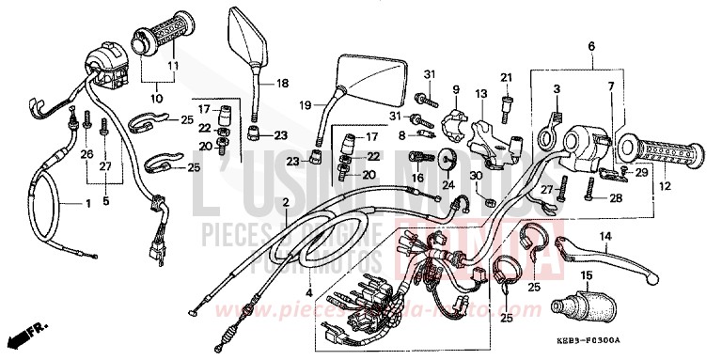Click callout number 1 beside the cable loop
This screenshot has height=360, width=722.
click(x=64, y=204)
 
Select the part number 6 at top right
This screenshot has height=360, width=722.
click(x=592, y=47)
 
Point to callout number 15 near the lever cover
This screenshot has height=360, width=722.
click(x=586, y=275)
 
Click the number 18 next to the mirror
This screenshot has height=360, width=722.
click(x=282, y=83)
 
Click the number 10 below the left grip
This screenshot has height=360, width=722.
click(x=155, y=97)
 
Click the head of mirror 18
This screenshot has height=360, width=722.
click(x=247, y=37)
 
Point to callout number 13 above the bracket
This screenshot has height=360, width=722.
click(x=482, y=93)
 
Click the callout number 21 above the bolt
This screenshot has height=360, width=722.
click(x=505, y=76)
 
